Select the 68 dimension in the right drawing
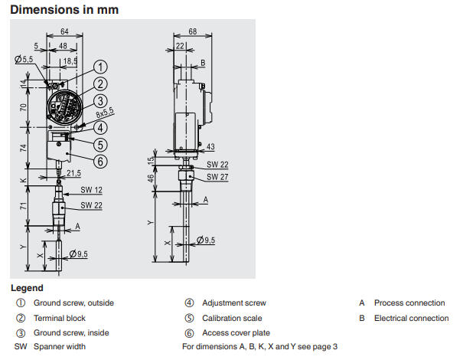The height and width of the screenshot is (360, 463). pyautogui.click(x=191, y=32)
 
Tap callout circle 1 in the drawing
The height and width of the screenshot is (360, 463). pyautogui.click(x=101, y=67)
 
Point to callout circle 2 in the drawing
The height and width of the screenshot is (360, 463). pyautogui.click(x=101, y=84)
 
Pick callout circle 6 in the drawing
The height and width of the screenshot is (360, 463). pyautogui.click(x=101, y=160)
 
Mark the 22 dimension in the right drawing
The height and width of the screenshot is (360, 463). pyautogui.click(x=180, y=46)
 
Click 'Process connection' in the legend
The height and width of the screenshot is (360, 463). pyautogui.click(x=409, y=303)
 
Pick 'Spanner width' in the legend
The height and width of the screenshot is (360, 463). pyautogui.click(x=60, y=347)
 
